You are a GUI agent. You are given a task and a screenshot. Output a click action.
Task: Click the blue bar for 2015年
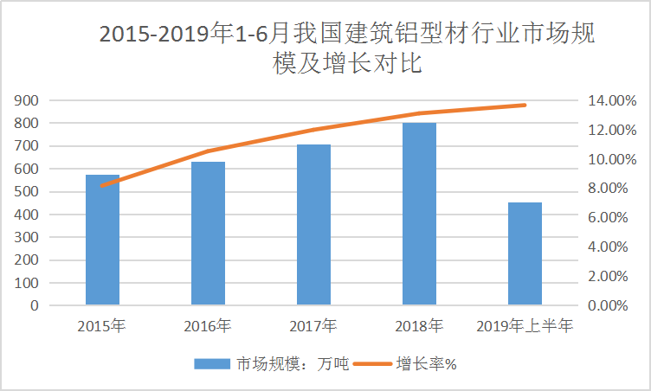(x=102, y=240)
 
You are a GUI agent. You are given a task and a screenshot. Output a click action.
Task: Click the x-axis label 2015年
(x=101, y=326)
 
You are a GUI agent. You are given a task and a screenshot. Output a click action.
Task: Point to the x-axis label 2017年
(x=313, y=326)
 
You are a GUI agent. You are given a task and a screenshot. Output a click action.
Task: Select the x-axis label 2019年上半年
(x=525, y=326)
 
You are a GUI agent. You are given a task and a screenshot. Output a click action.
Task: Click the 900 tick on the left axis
(x=27, y=100)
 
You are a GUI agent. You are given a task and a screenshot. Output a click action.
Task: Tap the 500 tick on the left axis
(x=27, y=192)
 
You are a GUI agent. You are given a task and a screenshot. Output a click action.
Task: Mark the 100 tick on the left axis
(x=27, y=283)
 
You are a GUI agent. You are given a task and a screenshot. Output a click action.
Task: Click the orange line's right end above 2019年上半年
(x=525, y=106)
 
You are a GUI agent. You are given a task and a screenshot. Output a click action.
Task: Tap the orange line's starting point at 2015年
(x=102, y=185)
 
